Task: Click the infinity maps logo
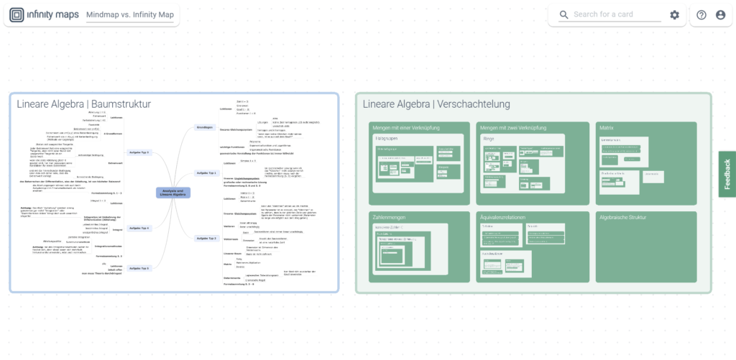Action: [43, 15]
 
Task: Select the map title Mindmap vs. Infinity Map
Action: [129, 15]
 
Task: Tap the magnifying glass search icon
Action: [563, 15]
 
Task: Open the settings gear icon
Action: [674, 15]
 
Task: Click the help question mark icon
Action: [701, 15]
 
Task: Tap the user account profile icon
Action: [720, 15]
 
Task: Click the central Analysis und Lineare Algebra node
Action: [172, 192]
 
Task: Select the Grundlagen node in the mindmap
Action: [205, 127]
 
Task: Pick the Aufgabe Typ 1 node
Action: [206, 172]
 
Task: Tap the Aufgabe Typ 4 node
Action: [139, 229]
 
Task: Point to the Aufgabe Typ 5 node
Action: [139, 268]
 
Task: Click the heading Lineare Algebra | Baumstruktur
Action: [84, 105]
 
